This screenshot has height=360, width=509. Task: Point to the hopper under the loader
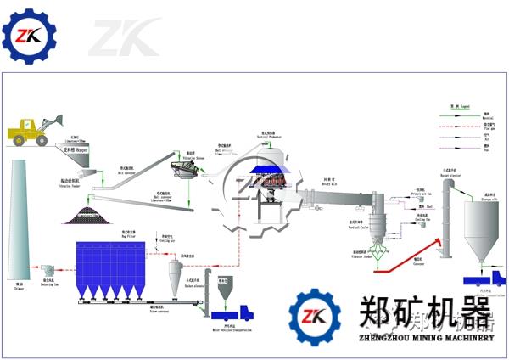77,156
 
